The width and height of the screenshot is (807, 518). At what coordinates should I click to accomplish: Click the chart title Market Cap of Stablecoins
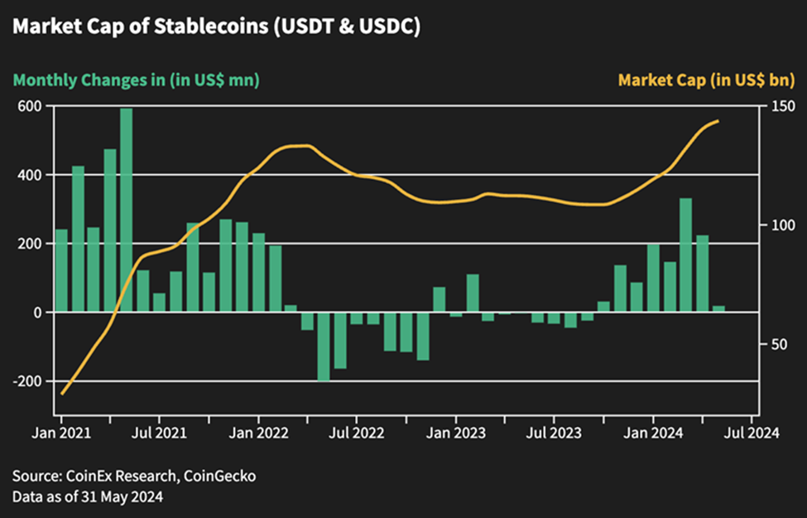coord(217,27)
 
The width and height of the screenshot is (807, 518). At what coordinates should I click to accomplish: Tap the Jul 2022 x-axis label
coord(357,432)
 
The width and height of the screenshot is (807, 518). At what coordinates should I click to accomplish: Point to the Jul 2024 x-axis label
coord(752,432)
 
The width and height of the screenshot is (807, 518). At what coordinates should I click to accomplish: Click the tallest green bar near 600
coord(126,211)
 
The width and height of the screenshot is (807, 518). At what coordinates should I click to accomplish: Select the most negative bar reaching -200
coord(324,346)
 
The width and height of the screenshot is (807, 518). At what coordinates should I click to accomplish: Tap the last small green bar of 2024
coord(718,309)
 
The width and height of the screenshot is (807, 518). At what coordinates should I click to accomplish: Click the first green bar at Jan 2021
coord(61,270)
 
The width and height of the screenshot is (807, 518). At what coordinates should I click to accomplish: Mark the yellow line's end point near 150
coord(718,121)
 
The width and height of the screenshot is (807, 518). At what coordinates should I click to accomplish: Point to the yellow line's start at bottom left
coord(62,394)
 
